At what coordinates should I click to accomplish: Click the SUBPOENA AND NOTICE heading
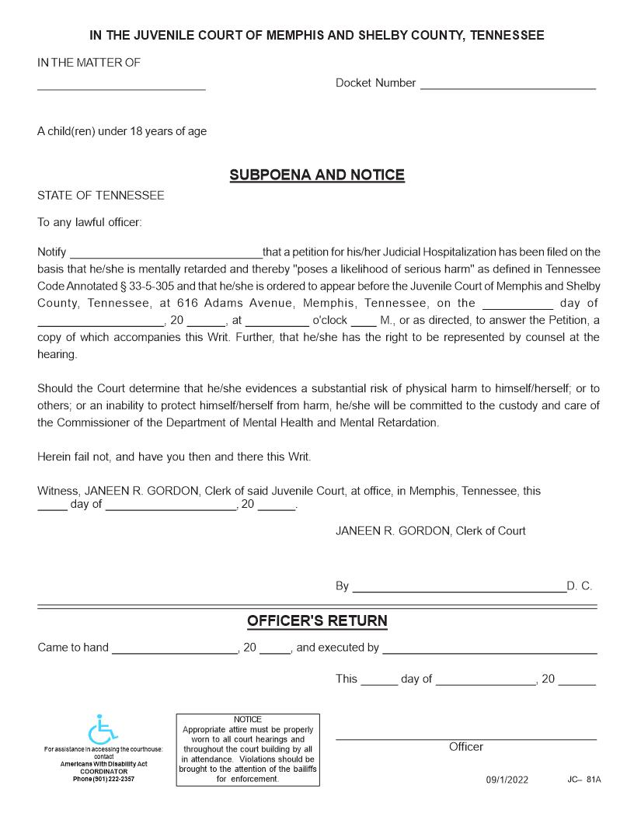(x=317, y=175)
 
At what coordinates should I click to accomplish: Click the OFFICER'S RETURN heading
(x=317, y=621)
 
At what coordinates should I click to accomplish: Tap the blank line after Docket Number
(x=508, y=86)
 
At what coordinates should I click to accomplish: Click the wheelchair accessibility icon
(x=103, y=730)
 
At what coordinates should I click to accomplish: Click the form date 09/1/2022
(x=507, y=780)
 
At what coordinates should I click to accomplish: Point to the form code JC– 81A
(x=583, y=779)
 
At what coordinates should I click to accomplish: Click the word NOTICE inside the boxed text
(x=248, y=719)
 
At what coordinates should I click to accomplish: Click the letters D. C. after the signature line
(x=580, y=586)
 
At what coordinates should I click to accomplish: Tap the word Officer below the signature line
(x=465, y=747)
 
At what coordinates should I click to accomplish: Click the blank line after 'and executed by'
(x=489, y=651)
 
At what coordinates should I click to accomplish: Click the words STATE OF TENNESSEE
(x=101, y=196)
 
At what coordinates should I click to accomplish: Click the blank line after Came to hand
(x=174, y=651)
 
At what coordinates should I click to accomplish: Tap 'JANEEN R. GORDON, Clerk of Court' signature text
(x=430, y=531)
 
